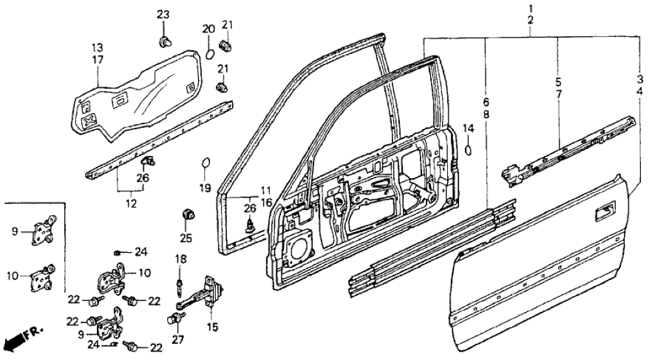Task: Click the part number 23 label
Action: (x=163, y=15)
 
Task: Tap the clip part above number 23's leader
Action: (x=164, y=42)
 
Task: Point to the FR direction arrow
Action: (x=20, y=339)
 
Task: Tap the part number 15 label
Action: (x=209, y=326)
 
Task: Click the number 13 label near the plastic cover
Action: (x=97, y=47)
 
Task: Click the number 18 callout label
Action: (x=180, y=259)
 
